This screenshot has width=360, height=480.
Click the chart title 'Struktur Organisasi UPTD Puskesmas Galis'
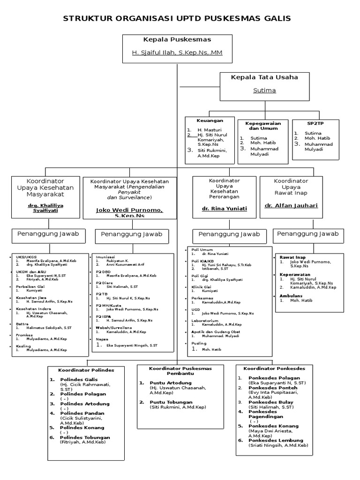coord(177,18)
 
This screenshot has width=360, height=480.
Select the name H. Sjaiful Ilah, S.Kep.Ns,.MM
coord(177,52)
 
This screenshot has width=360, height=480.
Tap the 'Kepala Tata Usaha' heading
coord(264,77)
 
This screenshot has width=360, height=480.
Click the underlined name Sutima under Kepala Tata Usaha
coord(264,90)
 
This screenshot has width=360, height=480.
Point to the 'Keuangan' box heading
coord(210,120)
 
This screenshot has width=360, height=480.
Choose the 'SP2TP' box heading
coord(315,123)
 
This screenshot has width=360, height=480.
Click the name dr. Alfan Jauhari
coord(291,205)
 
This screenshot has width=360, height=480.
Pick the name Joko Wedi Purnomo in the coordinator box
coord(130,210)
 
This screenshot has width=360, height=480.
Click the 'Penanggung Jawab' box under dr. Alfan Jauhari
coord(307,233)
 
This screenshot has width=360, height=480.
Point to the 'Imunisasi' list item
coord(105,257)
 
